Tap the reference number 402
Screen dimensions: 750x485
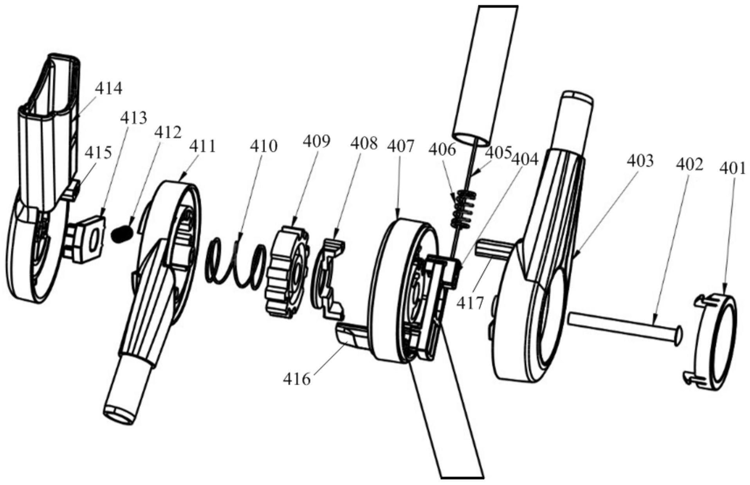(x=690, y=164)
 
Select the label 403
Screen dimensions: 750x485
(x=640, y=160)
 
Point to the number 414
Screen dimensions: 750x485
(x=108, y=88)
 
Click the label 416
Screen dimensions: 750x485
(x=297, y=379)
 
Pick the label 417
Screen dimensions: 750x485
(x=471, y=303)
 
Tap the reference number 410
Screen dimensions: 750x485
(x=264, y=146)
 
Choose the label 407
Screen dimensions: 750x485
(x=400, y=146)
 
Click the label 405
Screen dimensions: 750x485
(x=499, y=151)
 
